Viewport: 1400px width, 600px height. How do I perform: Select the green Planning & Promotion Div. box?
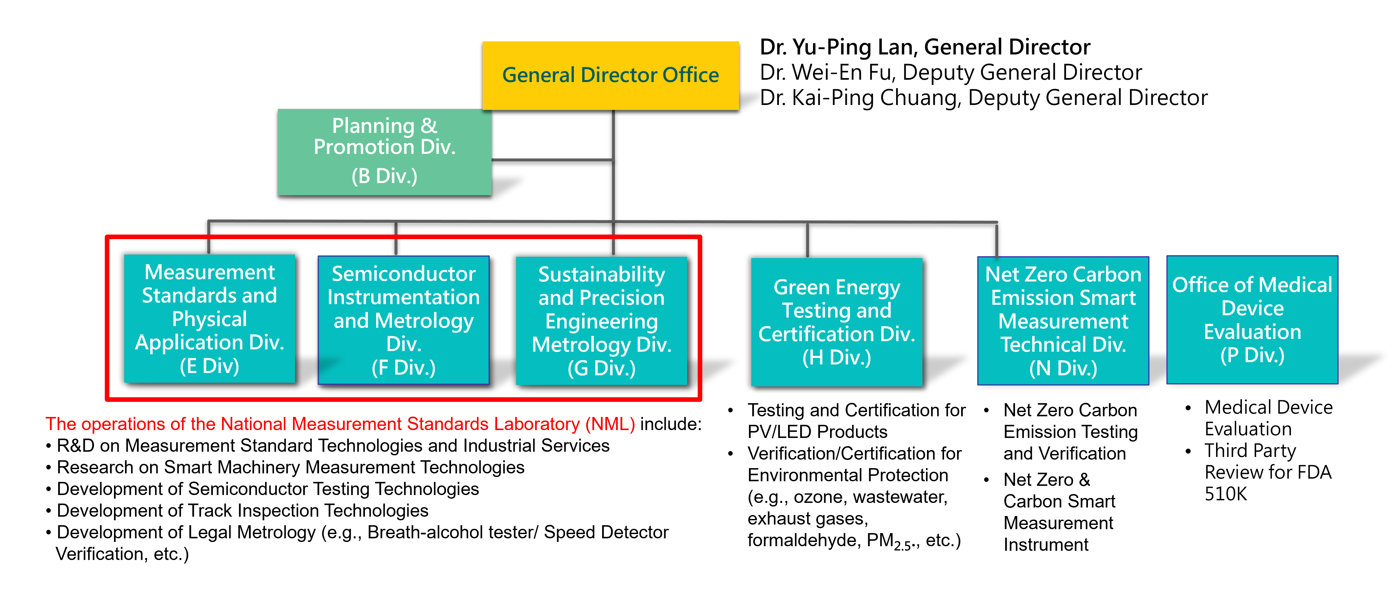point(384,152)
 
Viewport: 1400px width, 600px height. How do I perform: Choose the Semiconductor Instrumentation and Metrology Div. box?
point(403,321)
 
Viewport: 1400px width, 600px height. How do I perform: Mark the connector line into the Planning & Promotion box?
point(552,160)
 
